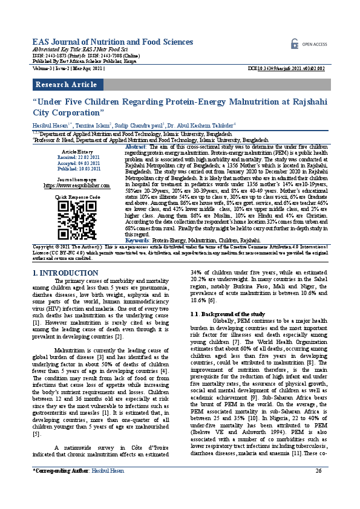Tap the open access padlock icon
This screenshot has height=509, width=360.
tap(295, 44)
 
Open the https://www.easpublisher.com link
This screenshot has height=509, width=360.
tap(77, 186)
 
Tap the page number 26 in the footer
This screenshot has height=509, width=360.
tap(318, 487)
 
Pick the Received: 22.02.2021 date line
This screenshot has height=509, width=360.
tap(77, 156)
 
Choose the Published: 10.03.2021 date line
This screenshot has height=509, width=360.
tap(77, 169)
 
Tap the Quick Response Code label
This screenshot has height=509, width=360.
tap(77, 198)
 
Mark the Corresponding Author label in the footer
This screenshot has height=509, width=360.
tap(60, 487)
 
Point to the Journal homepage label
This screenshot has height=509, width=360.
tap(77, 180)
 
